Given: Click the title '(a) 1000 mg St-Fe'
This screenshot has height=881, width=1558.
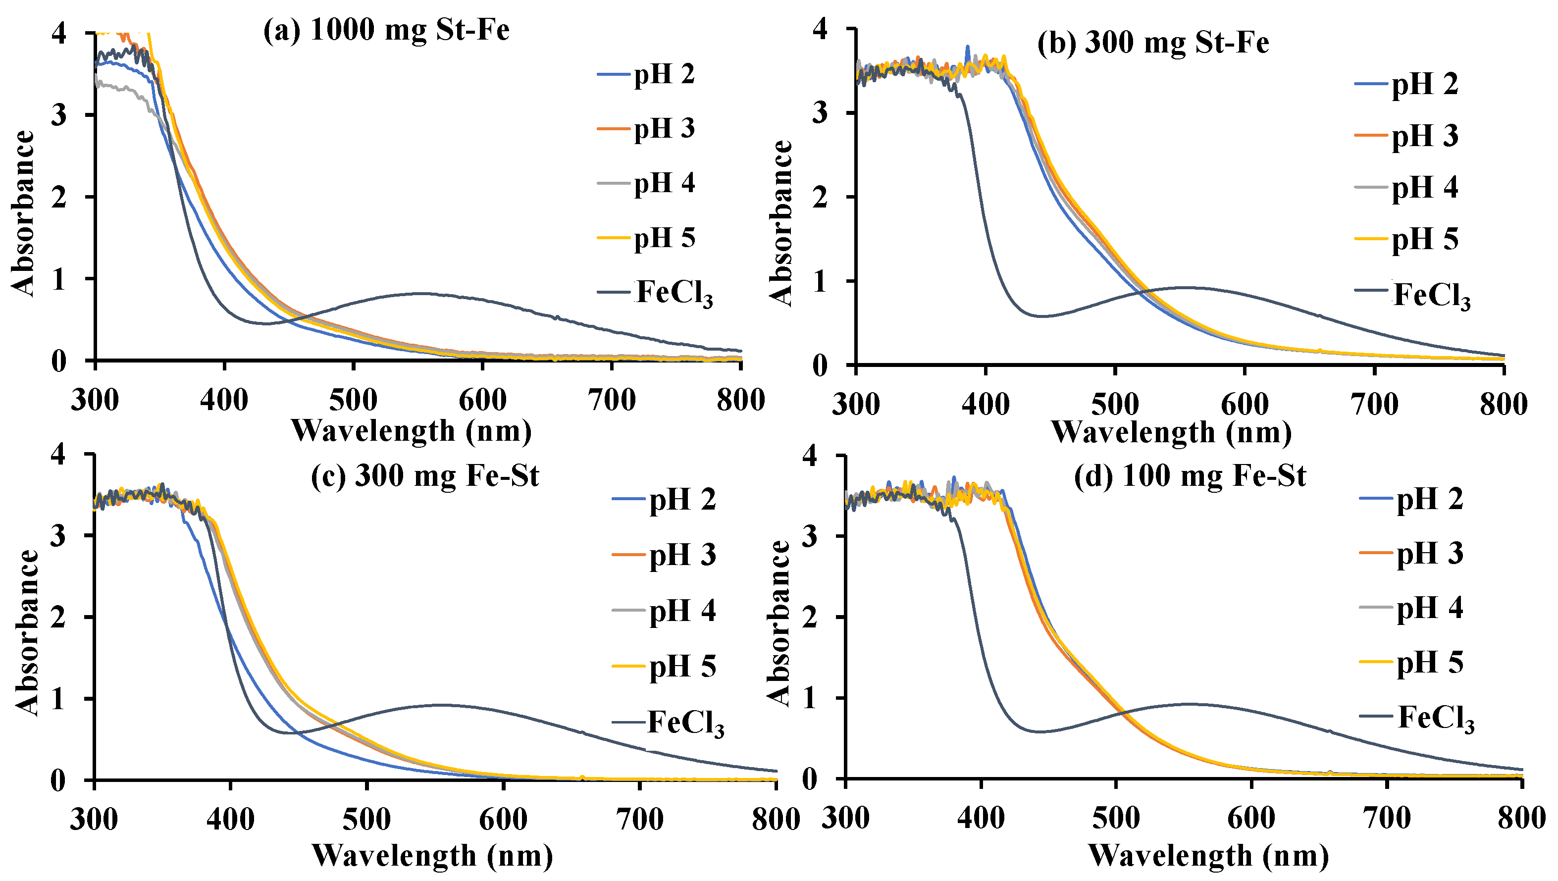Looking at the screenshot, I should (386, 30).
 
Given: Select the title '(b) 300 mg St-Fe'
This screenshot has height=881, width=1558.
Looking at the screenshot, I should (1152, 43).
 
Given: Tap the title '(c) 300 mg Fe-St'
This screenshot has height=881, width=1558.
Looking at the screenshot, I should (425, 475).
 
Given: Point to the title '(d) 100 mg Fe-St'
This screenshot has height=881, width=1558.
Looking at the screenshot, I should (1190, 475).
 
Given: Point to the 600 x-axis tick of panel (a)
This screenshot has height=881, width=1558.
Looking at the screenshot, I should (482, 401).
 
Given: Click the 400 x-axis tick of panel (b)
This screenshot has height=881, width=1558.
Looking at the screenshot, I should (986, 404).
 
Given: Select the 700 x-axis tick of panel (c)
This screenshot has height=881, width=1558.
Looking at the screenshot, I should (639, 819).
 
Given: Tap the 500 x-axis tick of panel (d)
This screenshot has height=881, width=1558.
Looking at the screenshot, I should (1116, 818).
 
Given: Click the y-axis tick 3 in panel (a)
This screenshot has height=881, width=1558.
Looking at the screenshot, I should (59, 115).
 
